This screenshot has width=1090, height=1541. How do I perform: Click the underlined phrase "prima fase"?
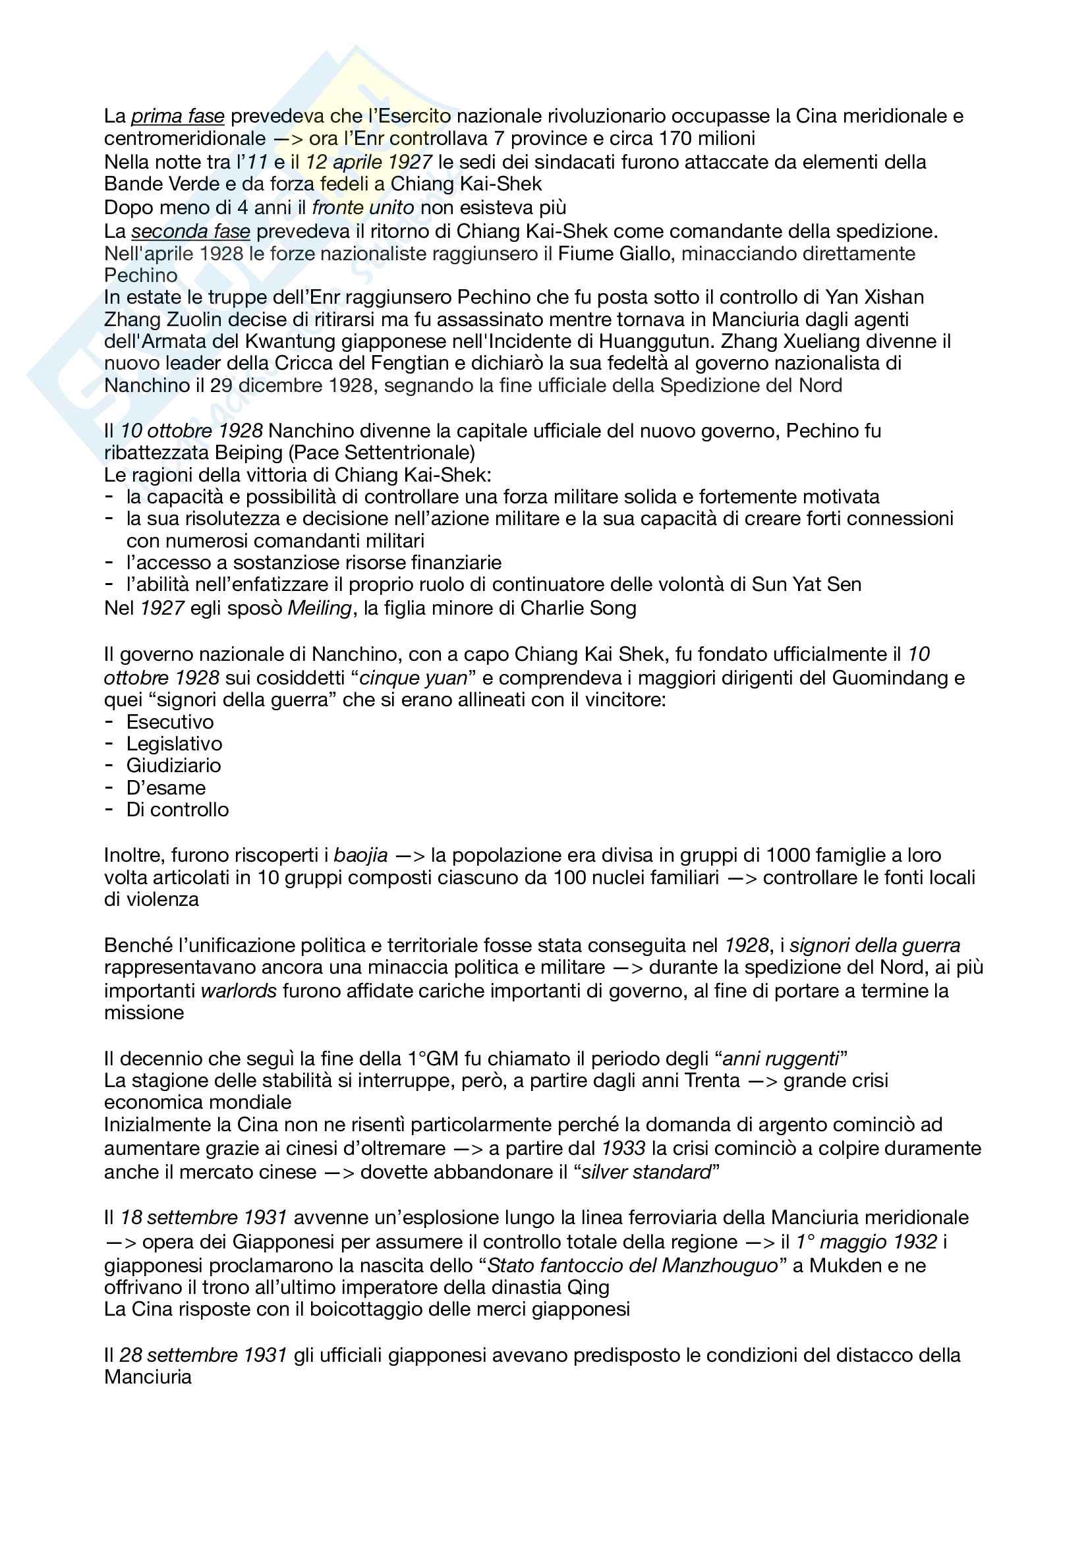click(177, 116)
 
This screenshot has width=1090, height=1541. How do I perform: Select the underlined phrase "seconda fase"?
click(190, 231)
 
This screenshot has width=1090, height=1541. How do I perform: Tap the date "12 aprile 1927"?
click(368, 162)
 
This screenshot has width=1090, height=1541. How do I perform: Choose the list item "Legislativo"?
click(174, 744)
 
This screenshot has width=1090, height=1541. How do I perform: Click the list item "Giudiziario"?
click(173, 765)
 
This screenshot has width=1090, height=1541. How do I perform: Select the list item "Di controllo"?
click(177, 810)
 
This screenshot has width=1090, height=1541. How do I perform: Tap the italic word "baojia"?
click(360, 855)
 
